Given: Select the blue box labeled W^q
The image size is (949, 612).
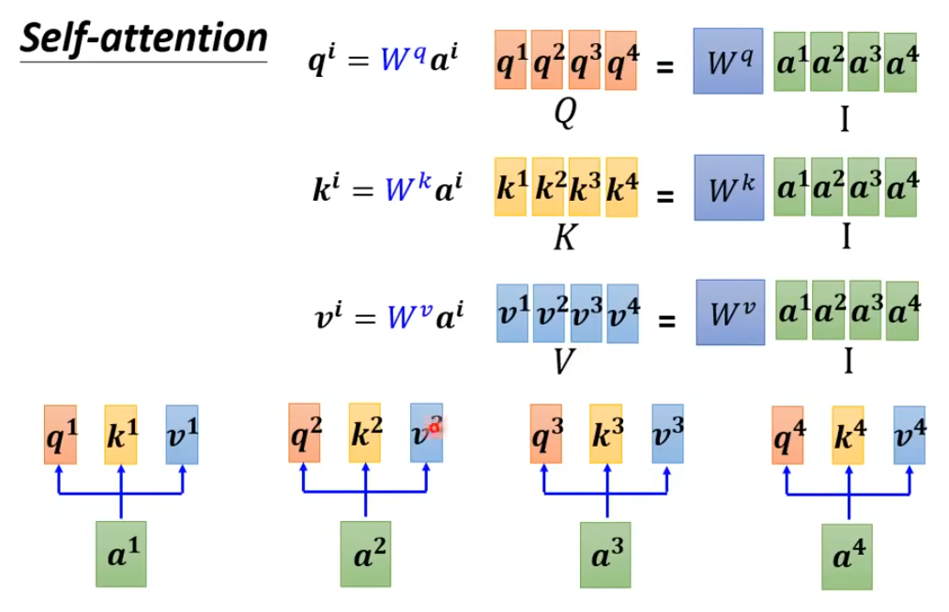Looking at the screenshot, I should [728, 61].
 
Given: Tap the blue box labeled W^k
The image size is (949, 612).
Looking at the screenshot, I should [729, 187].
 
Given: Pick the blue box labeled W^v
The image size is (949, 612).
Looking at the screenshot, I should [731, 312].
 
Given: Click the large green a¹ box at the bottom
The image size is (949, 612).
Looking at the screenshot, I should [121, 553].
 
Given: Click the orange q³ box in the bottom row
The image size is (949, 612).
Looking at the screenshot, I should [545, 433].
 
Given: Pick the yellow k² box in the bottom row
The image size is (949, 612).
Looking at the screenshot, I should [364, 432].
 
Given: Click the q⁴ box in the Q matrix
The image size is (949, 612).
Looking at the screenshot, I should [621, 61].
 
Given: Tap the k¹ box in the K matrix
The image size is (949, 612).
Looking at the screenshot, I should [510, 187].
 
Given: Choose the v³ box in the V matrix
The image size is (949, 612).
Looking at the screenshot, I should [586, 313].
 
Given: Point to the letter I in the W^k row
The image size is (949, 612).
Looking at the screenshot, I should [845, 239].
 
